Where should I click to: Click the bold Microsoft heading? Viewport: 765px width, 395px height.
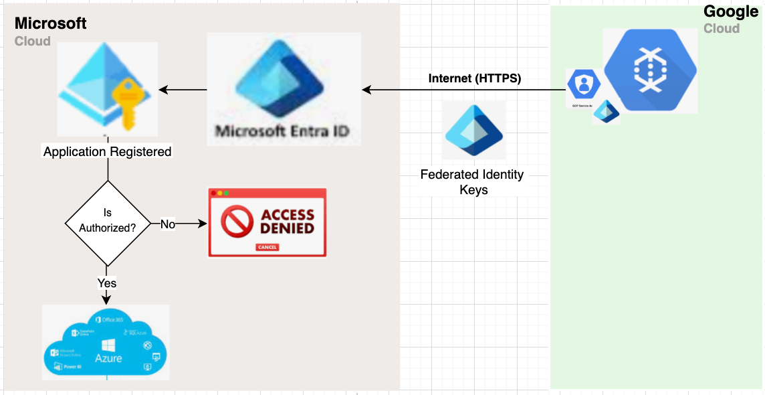point(51,23)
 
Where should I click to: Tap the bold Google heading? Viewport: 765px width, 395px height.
point(731,11)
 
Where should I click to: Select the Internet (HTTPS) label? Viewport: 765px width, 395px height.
point(474,78)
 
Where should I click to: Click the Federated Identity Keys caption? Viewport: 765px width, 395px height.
point(472,182)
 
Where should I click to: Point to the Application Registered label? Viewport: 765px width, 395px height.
point(107,152)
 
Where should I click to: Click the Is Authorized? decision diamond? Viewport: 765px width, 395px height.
point(107,223)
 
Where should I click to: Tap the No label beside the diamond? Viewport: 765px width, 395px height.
point(168,224)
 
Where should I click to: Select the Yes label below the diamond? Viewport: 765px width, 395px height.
point(107,283)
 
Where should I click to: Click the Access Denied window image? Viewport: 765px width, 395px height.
point(267,222)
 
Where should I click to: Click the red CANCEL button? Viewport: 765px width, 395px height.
point(267,247)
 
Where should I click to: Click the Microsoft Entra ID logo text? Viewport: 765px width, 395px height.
point(284,130)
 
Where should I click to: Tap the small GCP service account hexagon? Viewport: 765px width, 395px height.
point(583,85)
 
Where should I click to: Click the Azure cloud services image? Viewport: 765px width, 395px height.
point(106,342)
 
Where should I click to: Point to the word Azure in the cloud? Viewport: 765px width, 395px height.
point(108,358)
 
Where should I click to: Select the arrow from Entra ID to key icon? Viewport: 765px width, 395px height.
point(183,90)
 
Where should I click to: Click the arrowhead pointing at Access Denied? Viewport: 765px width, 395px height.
point(204,224)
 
